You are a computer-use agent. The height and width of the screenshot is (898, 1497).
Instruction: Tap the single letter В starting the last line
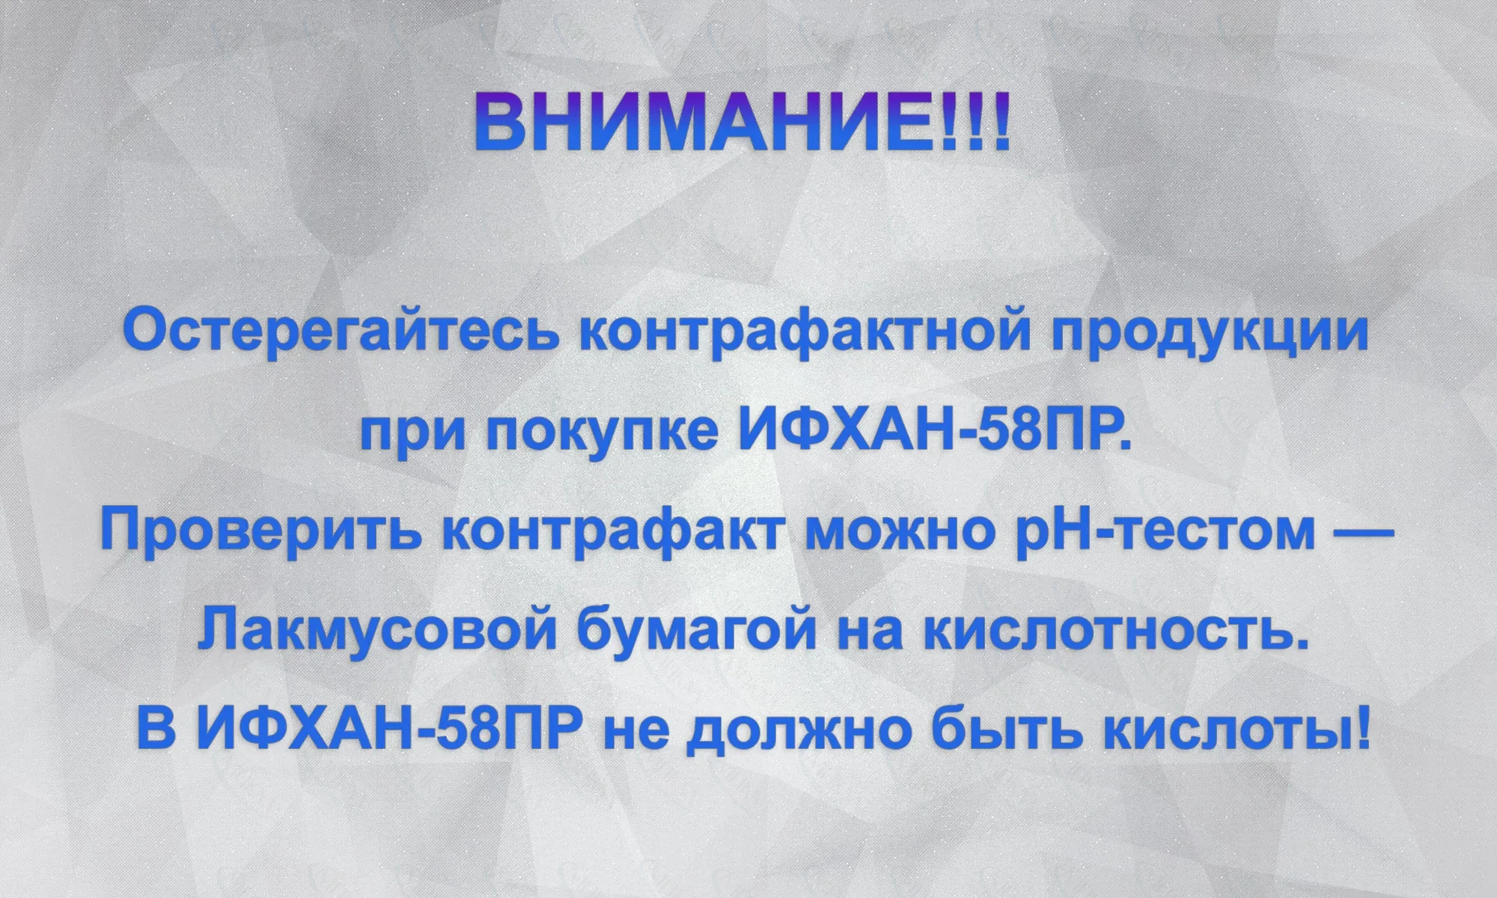click(156, 729)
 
